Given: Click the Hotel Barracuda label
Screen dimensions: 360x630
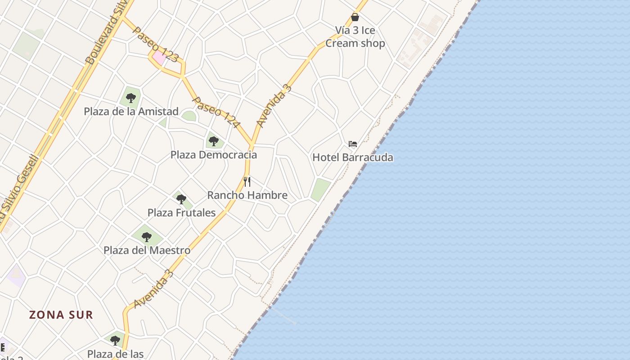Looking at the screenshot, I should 353,157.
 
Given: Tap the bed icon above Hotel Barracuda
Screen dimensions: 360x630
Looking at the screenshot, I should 353,144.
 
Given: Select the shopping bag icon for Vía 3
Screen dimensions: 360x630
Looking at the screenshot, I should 355,17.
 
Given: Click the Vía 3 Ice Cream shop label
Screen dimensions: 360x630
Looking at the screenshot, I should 355,37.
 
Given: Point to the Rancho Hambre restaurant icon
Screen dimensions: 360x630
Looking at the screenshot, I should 247,182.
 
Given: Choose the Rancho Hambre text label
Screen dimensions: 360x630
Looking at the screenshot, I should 247,195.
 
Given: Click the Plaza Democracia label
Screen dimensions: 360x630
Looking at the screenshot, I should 214,155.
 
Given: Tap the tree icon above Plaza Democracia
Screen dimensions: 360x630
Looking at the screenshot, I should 214,141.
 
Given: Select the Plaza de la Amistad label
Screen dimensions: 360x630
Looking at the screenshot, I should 131,112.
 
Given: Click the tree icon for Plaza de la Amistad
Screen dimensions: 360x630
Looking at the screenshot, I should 131,98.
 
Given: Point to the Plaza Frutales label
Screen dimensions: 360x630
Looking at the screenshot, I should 182,213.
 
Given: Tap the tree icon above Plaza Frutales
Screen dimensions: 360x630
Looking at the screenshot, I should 181,199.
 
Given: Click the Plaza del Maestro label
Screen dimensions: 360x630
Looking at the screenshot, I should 147,250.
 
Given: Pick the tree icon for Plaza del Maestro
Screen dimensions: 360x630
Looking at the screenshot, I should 147,237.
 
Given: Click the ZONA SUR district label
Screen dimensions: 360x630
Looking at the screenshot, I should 61,315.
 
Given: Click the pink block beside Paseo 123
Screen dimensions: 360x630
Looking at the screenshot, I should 159,58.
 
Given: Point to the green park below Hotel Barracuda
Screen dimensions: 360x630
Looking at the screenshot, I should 320,189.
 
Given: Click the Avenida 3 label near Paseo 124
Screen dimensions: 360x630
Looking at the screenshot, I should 274,105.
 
